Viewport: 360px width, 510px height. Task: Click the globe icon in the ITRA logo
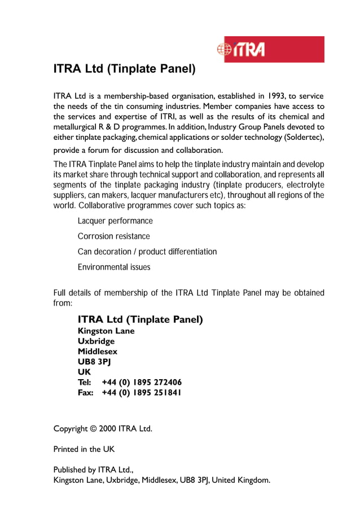pos(224,50)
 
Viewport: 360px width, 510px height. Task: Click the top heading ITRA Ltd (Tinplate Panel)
pos(124,69)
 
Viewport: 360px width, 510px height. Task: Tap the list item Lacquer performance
pos(115,221)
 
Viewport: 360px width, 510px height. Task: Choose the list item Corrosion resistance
pos(114,236)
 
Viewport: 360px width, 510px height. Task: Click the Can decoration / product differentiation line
pos(147,252)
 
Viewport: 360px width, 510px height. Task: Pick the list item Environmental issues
pos(114,267)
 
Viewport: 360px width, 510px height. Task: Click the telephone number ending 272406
pos(142,382)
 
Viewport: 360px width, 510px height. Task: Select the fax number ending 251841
pos(142,393)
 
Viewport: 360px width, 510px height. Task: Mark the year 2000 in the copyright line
pos(107,429)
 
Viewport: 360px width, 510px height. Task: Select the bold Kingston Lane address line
pos(106,331)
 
